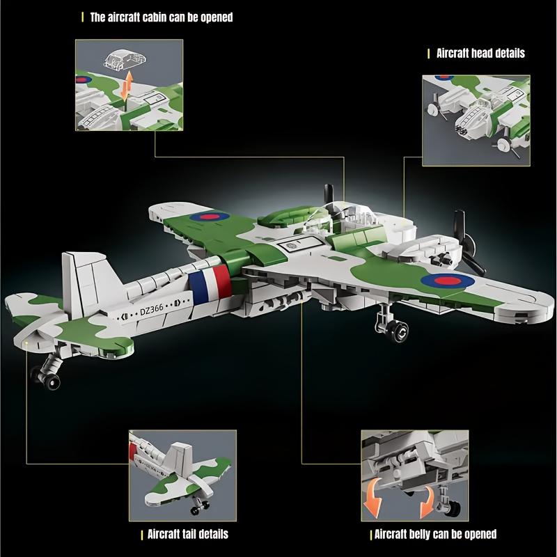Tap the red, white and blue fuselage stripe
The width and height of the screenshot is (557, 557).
tap(210, 281)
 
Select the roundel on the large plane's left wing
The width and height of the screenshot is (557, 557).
tap(208, 217)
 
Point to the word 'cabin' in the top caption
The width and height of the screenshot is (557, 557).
tap(155, 17)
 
